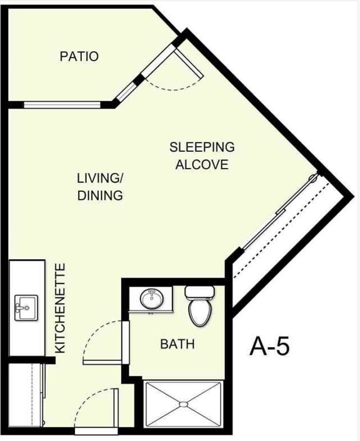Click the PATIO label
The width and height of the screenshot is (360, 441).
point(79,56)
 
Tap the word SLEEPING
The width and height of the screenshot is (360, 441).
point(202,147)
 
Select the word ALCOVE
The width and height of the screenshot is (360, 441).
point(202,165)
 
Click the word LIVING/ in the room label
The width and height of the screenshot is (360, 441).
point(100,177)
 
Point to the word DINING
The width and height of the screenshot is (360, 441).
point(100,195)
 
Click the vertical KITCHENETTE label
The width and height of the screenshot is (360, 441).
point(60,309)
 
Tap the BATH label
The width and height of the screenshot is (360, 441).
point(177,344)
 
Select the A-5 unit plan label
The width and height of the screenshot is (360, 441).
point(269,345)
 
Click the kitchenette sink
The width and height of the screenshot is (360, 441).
point(26,307)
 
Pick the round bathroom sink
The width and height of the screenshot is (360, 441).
point(152,299)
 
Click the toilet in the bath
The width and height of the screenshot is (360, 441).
point(199,310)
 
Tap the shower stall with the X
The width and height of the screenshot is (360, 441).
point(183,405)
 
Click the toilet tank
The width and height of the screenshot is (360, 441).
point(198,292)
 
